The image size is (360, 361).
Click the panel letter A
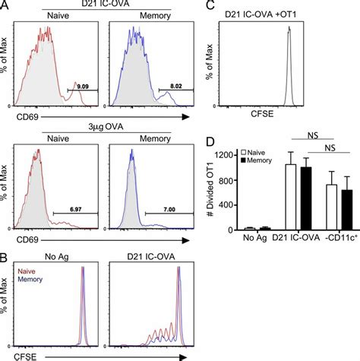5,6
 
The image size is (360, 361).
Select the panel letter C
200,6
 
